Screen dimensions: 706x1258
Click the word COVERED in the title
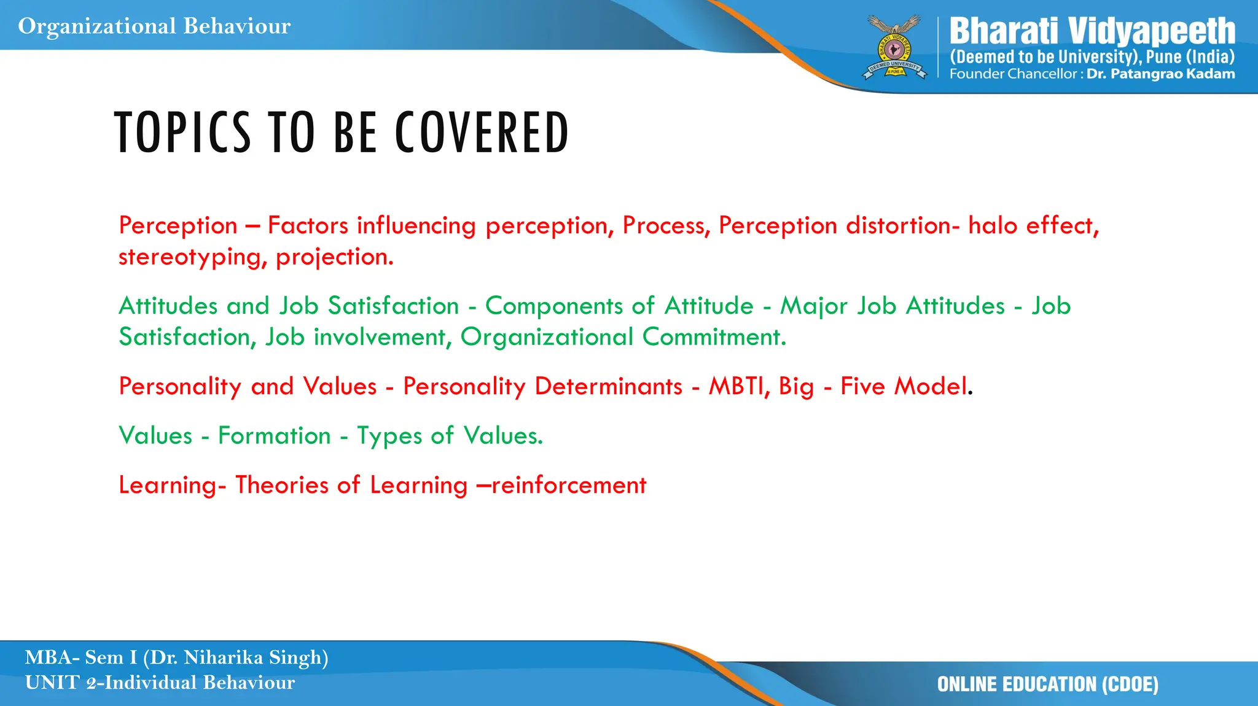click(482, 133)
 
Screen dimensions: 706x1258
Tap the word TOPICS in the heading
click(183, 133)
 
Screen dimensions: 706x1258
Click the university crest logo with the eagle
click(894, 48)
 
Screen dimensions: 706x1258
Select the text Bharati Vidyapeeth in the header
click(1092, 31)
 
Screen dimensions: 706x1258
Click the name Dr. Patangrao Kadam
click(1160, 74)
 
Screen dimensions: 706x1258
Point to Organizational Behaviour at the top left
click(154, 26)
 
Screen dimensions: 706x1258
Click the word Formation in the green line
click(275, 436)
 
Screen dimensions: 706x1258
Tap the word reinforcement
click(569, 486)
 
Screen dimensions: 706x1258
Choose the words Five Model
click(904, 386)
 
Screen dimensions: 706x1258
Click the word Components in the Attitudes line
click(554, 306)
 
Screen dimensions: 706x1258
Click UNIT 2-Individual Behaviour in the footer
click(160, 683)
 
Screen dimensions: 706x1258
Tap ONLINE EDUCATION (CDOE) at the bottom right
click(1047, 685)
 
